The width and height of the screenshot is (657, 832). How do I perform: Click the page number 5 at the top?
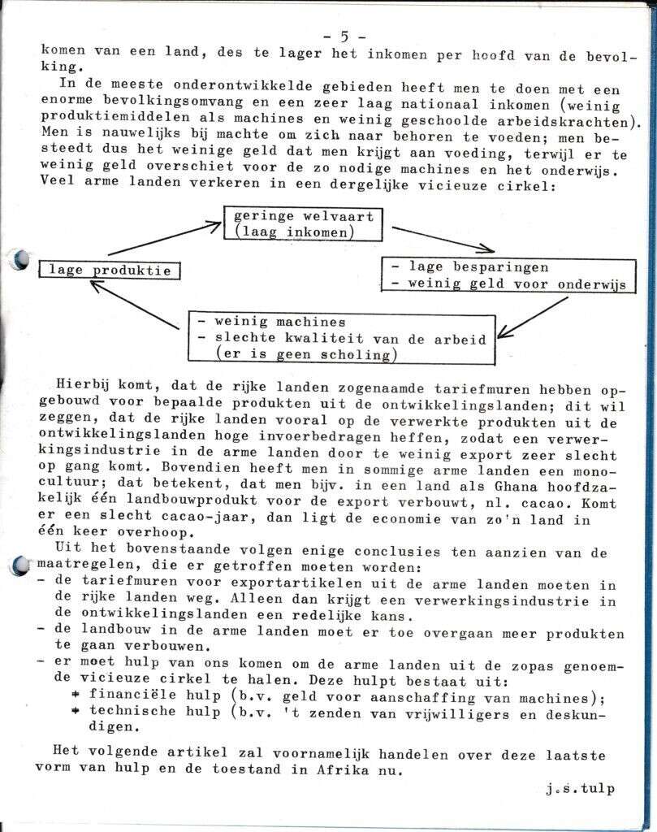(x=344, y=36)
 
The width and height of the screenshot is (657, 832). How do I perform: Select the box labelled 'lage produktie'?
(x=110, y=270)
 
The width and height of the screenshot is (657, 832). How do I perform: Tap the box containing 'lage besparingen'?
(x=508, y=275)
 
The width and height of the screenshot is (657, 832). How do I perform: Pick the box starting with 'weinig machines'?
(x=340, y=337)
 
